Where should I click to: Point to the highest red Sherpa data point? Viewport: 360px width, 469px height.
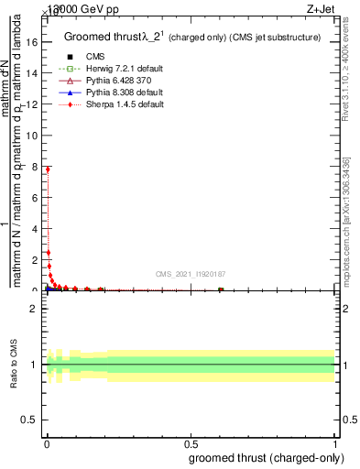pyautogui.click(x=47, y=169)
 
